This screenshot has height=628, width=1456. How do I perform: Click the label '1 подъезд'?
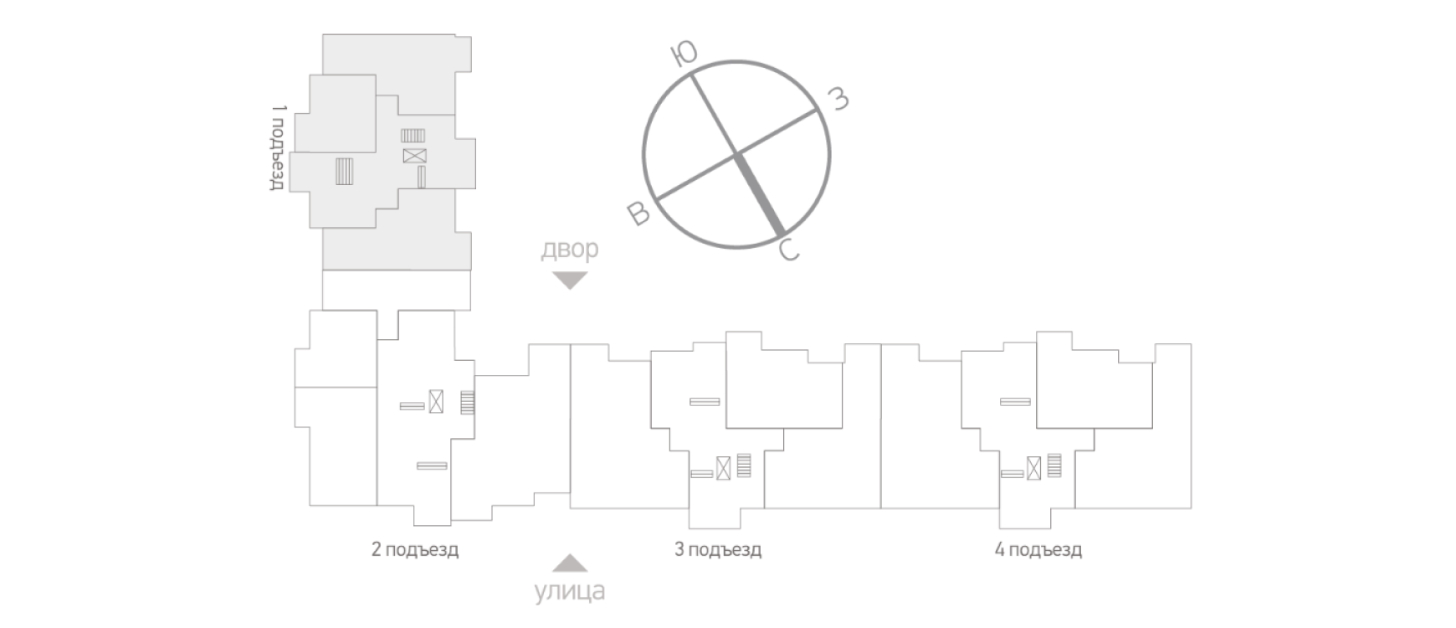click(x=279, y=148)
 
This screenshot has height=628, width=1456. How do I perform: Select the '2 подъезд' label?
click(x=415, y=550)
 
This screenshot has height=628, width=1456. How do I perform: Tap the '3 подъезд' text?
click(x=718, y=550)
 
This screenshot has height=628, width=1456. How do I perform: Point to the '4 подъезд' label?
click(x=1038, y=550)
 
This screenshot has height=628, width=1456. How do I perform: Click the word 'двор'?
click(x=570, y=250)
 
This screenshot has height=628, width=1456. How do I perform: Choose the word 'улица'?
click(x=570, y=591)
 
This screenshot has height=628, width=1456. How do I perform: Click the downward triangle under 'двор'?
click(x=570, y=281)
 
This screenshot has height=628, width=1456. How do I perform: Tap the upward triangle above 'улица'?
click(x=570, y=562)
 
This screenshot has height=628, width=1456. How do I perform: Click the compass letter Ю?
click(x=684, y=54)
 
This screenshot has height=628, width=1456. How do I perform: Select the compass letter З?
click(x=838, y=99)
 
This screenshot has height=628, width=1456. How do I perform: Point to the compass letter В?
click(x=638, y=214)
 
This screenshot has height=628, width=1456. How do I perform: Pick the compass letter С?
click(x=789, y=250)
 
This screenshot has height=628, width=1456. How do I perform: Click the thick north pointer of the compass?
click(x=759, y=194)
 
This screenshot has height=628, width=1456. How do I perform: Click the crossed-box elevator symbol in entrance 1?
click(x=414, y=156)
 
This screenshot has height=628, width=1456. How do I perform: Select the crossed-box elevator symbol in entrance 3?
click(x=723, y=467)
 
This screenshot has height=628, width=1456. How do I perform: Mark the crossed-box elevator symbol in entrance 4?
click(x=1034, y=467)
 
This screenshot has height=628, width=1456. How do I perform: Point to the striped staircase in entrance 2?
click(x=467, y=403)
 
